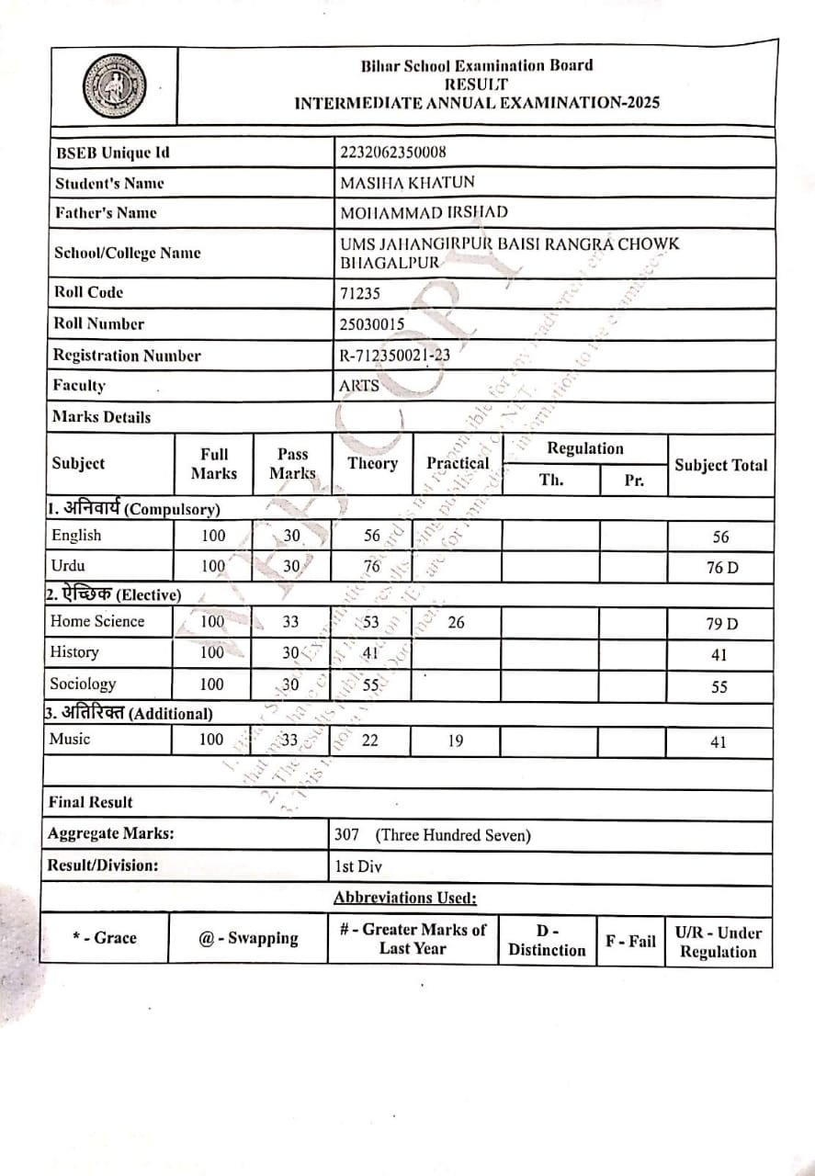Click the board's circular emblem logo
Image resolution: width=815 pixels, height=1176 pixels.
[114, 86]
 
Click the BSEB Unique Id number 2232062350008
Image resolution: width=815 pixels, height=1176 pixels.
[393, 153]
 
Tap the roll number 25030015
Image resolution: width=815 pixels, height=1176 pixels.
[373, 324]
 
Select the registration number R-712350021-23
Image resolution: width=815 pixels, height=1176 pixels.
[395, 356]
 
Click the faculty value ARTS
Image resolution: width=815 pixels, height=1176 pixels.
[359, 386]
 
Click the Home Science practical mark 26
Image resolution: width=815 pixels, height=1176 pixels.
[456, 622]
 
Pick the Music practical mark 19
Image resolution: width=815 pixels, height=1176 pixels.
[456, 741]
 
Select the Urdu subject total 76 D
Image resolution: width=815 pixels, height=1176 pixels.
[721, 568]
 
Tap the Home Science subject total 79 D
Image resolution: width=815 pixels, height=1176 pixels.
[721, 625]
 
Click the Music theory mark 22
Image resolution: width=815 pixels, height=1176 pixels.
[369, 741]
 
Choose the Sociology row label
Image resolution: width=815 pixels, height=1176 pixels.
[83, 684]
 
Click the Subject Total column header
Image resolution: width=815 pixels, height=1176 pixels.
[720, 465]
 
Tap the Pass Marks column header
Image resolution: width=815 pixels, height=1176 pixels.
[292, 464]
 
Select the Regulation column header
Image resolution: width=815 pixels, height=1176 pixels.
[585, 448]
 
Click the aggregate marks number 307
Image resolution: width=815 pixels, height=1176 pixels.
[347, 835]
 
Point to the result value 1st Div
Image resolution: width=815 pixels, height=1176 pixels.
[358, 866]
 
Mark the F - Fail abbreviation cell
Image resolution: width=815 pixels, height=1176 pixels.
[630, 941]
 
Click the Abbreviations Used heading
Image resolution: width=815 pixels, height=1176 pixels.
[405, 898]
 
